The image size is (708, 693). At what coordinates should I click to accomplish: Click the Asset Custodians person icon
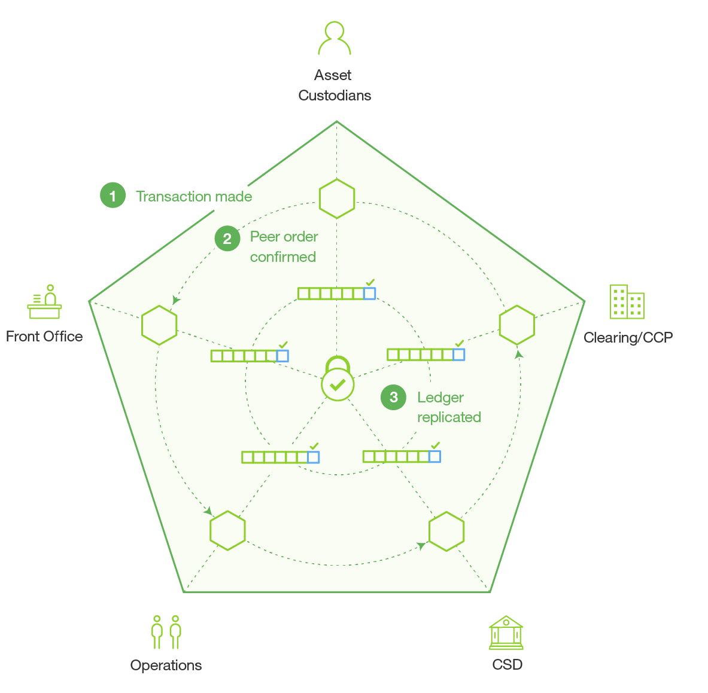334,38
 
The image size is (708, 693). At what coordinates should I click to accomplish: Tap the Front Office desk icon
44,302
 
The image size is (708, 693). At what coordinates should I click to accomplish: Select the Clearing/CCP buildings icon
627,302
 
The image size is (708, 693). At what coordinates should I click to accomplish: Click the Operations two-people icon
166,632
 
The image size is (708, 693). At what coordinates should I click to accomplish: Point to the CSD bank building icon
506,633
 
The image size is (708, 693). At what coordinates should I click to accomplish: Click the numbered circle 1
113,196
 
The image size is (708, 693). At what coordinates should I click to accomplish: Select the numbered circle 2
227,238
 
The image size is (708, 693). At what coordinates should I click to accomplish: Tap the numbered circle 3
393,397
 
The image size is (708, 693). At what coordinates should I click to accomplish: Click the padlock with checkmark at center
338,378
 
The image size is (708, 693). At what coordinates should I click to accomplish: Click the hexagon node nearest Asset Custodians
337,199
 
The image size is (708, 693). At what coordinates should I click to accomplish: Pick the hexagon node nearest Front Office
159,325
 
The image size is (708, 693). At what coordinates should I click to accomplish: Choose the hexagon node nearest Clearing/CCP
517,325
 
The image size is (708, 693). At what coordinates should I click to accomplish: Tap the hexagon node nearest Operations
227,530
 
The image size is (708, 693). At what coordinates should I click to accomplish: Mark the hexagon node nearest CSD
446,532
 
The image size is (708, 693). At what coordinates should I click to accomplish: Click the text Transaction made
194,197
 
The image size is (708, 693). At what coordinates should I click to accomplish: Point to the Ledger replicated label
449,407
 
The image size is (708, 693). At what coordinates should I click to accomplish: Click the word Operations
166,665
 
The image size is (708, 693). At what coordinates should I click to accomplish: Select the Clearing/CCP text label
628,337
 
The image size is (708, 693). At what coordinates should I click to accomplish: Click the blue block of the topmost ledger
369,294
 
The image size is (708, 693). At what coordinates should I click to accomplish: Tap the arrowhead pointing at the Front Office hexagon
175,300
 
